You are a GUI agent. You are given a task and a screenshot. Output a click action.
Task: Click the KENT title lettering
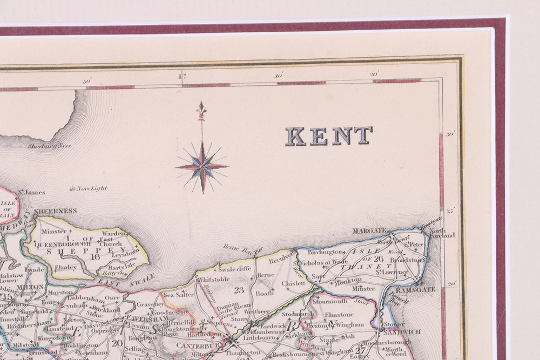[x=329, y=136]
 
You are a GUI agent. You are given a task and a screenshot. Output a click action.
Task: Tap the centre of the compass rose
[x=202, y=167]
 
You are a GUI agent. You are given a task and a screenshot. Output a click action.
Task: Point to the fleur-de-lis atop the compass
[x=201, y=110]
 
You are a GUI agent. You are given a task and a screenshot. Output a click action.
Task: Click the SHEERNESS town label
[x=55, y=211]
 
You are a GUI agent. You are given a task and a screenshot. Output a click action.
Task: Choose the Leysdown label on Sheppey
[x=126, y=252]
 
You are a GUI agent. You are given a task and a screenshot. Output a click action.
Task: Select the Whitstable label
[x=214, y=279]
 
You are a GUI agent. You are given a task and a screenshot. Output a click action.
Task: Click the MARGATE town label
[x=370, y=230]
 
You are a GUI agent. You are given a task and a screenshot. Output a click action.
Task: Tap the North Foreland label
[x=443, y=232]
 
